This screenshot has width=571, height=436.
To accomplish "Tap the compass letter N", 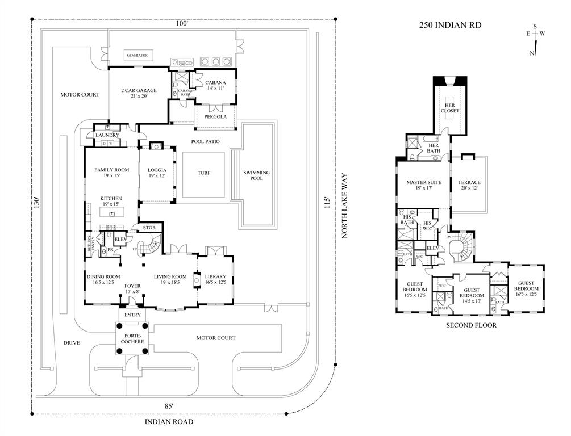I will pos(532,53).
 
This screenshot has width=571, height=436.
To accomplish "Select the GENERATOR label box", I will pos(137,56).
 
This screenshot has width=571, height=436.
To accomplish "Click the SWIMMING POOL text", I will pos(256,175).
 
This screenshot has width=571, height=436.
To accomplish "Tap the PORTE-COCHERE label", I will pos(131,338).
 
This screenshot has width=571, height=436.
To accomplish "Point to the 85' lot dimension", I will pos(169,405).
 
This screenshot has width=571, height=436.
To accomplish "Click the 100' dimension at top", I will pos(182,24).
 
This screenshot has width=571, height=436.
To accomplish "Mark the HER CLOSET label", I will pos(449,108).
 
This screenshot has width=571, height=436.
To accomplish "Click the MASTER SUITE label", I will pos(423,186).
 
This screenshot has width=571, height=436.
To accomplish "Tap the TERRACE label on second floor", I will pos(469,186).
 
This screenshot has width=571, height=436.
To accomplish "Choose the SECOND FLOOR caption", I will pos(471,325).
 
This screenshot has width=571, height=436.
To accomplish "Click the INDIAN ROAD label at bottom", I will pos(169,422).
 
